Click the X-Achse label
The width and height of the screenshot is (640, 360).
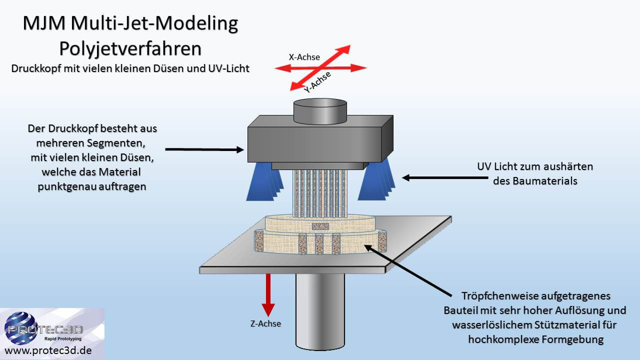click(x=304, y=57)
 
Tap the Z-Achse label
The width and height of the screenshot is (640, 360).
click(x=265, y=323)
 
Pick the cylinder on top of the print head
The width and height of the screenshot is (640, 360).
click(x=320, y=111)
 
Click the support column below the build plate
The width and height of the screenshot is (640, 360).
click(x=320, y=310)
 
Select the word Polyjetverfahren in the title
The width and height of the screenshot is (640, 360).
click(x=130, y=48)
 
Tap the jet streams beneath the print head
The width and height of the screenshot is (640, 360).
click(x=320, y=192)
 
